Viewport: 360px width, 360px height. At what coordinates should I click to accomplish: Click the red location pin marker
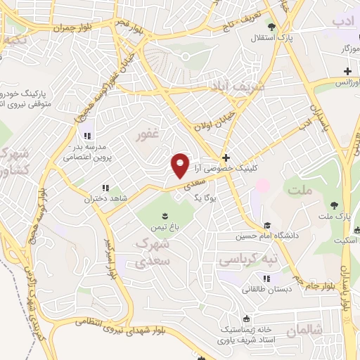[x=181, y=165]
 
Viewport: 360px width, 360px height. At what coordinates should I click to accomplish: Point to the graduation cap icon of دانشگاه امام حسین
[x=266, y=225]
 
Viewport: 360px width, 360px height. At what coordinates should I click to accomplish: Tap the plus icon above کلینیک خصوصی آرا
[x=225, y=157]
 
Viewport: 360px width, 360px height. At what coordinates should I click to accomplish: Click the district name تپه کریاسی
[x=247, y=260]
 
